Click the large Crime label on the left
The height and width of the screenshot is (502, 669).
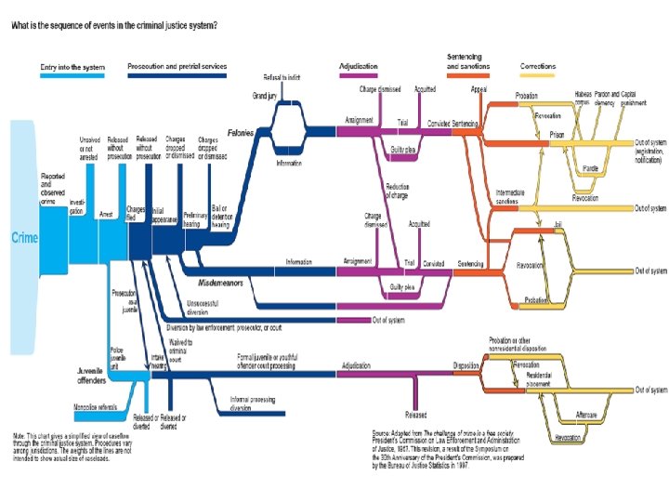click(x=25, y=238)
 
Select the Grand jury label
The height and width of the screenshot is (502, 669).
click(x=266, y=96)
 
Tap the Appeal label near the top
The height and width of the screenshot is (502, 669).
click(x=479, y=89)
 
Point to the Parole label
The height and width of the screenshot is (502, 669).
click(x=588, y=167)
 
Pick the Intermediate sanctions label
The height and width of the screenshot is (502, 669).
click(x=510, y=196)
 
